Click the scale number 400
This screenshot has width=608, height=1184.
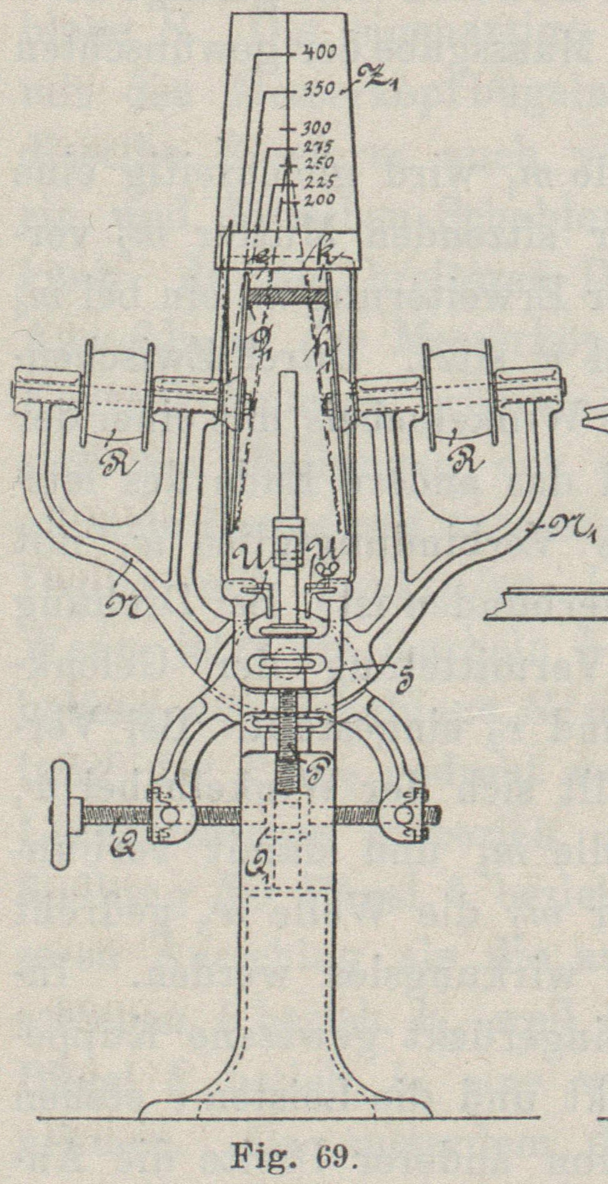pos(319,52)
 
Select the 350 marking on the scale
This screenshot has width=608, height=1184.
pos(319,90)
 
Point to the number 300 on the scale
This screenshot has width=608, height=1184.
pos(317,129)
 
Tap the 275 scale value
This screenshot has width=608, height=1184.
pos(318,147)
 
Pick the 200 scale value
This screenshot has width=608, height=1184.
pos(319,200)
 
